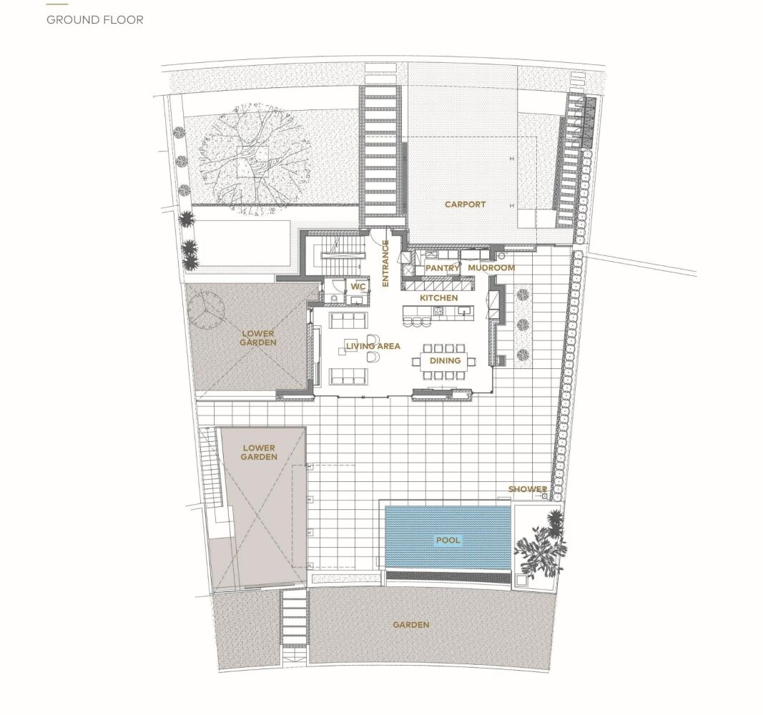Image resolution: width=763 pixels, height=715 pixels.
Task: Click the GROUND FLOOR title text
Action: (95, 20)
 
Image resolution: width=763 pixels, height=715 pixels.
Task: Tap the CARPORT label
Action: (466, 204)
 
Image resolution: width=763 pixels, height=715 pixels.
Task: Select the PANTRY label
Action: (443, 268)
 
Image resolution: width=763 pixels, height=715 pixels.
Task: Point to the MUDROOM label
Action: (491, 268)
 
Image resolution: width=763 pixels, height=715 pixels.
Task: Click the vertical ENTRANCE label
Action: (385, 263)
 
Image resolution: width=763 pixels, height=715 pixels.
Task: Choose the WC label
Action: (358, 287)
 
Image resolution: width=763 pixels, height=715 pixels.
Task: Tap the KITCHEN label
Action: (439, 297)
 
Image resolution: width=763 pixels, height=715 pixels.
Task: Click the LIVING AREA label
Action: (373, 346)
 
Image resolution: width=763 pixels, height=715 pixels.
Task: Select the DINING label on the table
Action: (446, 360)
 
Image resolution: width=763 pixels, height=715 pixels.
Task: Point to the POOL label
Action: (448, 541)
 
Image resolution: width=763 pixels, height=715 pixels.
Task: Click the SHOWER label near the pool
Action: (528, 489)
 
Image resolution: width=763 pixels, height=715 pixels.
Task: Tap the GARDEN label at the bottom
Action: (411, 624)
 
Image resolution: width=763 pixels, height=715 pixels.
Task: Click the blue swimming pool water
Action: (448, 538)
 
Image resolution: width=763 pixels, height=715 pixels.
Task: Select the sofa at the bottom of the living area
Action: (348, 376)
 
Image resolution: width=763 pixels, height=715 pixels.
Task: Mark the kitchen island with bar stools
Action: (438, 312)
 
